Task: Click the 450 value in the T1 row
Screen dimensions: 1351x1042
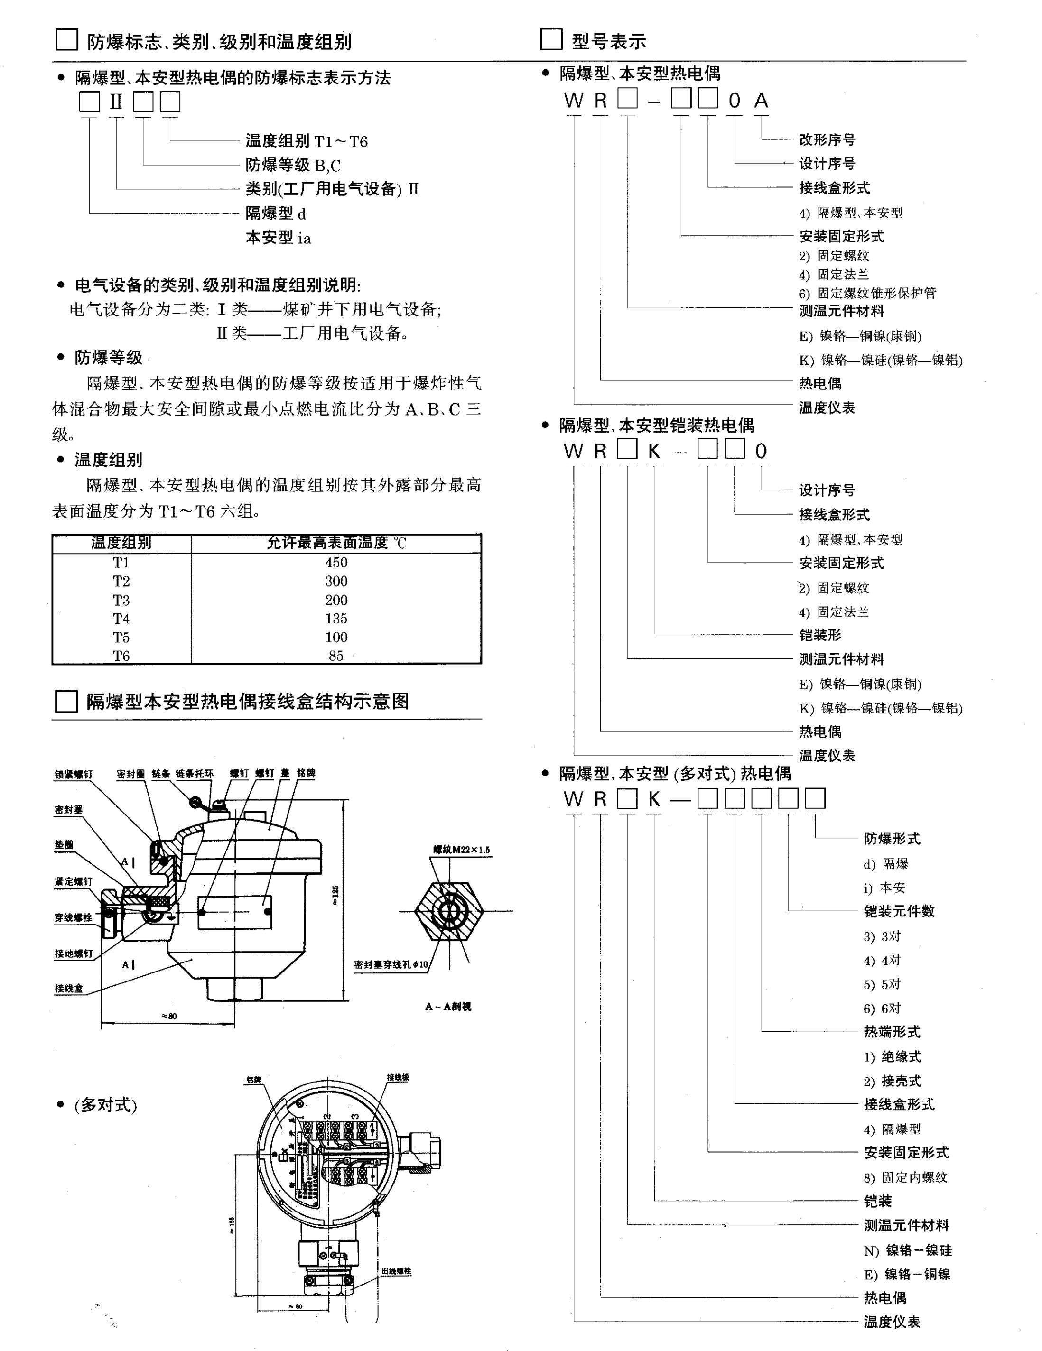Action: click(x=336, y=562)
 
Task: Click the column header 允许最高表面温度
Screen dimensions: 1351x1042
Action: click(x=336, y=543)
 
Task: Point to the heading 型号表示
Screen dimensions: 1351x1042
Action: click(x=609, y=41)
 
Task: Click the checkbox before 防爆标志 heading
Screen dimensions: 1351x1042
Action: click(x=67, y=40)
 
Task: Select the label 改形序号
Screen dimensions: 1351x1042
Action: click(x=827, y=140)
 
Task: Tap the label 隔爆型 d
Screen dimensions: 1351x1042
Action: click(x=276, y=213)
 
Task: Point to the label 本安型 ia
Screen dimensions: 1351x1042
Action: click(x=279, y=238)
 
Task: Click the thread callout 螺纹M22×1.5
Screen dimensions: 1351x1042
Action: click(x=461, y=850)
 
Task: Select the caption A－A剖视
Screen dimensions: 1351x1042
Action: click(x=448, y=1007)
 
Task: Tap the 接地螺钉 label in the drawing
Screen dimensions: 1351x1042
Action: click(x=74, y=953)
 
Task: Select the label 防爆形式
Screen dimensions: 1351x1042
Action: click(x=892, y=839)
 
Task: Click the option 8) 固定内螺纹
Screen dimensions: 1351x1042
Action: click(x=905, y=1178)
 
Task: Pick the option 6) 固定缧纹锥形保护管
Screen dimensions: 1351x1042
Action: click(x=867, y=293)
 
